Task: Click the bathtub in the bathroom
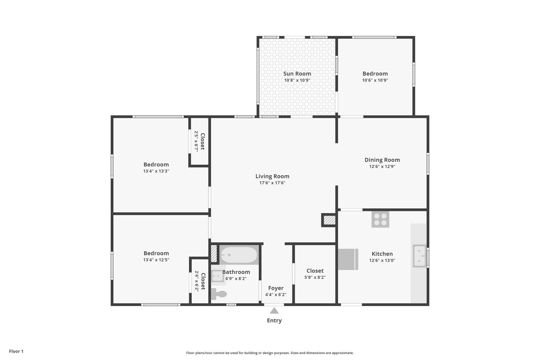point(239,255)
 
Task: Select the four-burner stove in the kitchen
point(380,219)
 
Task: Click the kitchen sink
point(420,256)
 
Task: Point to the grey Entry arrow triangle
point(274,311)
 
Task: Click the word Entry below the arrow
point(274,320)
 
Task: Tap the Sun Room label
point(297,74)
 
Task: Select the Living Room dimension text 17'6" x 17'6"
point(272,183)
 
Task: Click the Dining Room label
point(382,160)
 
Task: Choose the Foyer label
point(276,288)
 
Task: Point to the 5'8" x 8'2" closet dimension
point(315,277)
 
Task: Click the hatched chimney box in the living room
point(329,220)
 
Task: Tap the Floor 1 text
point(16,351)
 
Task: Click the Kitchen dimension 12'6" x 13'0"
point(382,260)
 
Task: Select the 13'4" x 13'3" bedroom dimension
point(156,171)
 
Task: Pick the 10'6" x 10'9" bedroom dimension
point(375,80)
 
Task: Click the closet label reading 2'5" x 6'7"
point(196,141)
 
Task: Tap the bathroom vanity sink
point(218,276)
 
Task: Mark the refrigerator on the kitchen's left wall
point(348,259)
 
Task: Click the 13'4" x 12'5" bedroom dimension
point(156,260)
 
